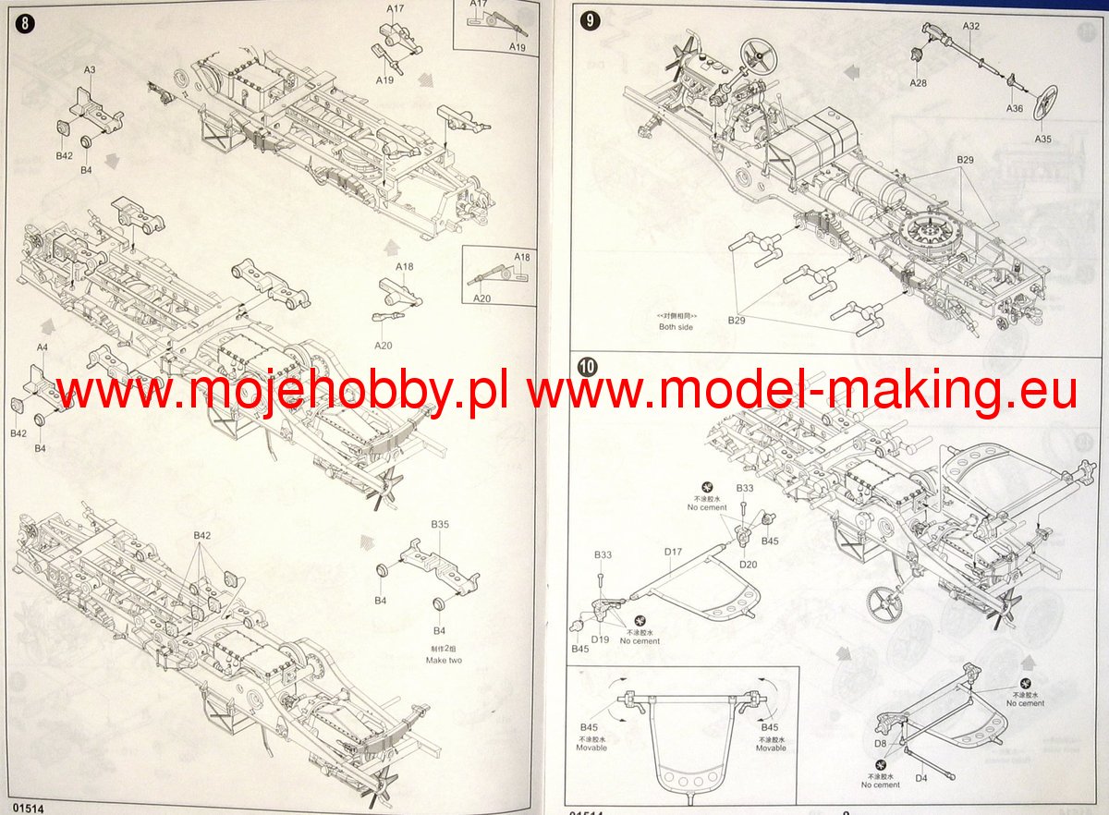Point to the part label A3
click(x=90, y=69)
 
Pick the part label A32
click(x=970, y=27)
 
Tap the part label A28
click(x=918, y=83)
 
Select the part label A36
click(x=1015, y=108)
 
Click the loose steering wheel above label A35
click(x=1048, y=101)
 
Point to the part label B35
click(x=440, y=524)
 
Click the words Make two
click(x=444, y=661)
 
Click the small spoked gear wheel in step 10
click(x=885, y=604)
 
